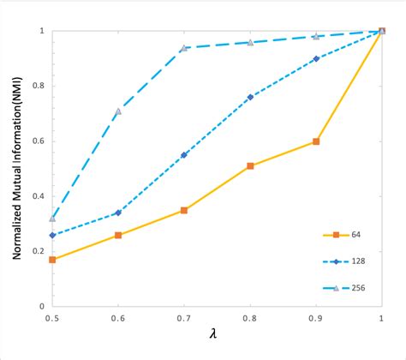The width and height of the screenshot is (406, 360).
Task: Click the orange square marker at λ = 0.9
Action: click(316, 141)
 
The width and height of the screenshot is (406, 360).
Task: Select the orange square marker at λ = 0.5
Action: click(52, 259)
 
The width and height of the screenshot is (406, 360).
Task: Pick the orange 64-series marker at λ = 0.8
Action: click(250, 166)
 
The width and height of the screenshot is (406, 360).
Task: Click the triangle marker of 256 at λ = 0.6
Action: click(118, 111)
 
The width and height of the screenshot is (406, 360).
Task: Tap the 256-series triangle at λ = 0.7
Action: click(184, 48)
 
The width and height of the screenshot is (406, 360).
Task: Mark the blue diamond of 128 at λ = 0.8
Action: click(250, 97)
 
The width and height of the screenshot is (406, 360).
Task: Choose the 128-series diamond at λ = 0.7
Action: click(184, 155)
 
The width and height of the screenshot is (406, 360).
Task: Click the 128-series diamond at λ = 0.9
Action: click(316, 58)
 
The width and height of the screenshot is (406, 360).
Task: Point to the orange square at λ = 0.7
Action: click(184, 210)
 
